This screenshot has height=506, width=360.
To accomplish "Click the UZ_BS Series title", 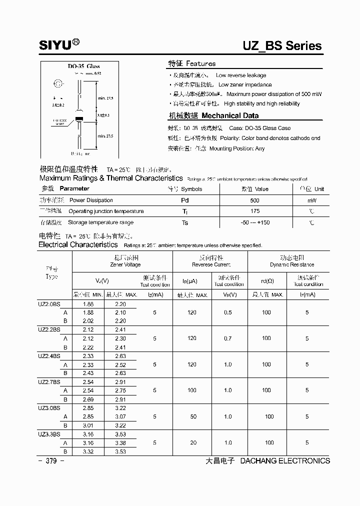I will (282, 46).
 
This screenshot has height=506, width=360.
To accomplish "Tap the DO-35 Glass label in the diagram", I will (83, 66).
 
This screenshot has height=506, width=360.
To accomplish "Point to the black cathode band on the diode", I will (78, 118).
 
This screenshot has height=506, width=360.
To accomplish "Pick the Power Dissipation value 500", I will (255, 200).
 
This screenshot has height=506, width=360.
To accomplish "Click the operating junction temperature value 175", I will (255, 211).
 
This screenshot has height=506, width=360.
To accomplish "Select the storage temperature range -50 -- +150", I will (255, 222).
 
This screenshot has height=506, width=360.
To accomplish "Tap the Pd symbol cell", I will (185, 200).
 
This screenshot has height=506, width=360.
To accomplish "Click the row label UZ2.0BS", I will (49, 304).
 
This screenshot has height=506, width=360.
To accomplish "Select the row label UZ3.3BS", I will (49, 434).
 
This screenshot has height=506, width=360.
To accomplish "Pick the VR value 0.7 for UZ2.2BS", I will (228, 338).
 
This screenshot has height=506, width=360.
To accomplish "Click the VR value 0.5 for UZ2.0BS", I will (228, 312).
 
